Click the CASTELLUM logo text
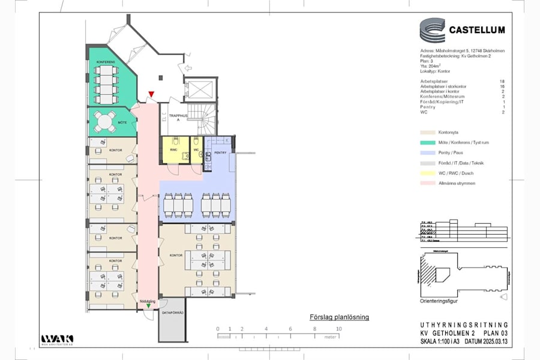pyautogui.click(x=477, y=29)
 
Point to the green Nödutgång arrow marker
pyautogui.click(x=148, y=307)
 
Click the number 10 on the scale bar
pyautogui.click(x=339, y=329)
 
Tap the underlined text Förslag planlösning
pyautogui.click(x=339, y=317)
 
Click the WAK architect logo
pyautogui.click(x=57, y=340)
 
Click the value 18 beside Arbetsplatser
pyautogui.click(x=502, y=80)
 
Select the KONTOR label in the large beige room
pyautogui.click(x=176, y=255)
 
